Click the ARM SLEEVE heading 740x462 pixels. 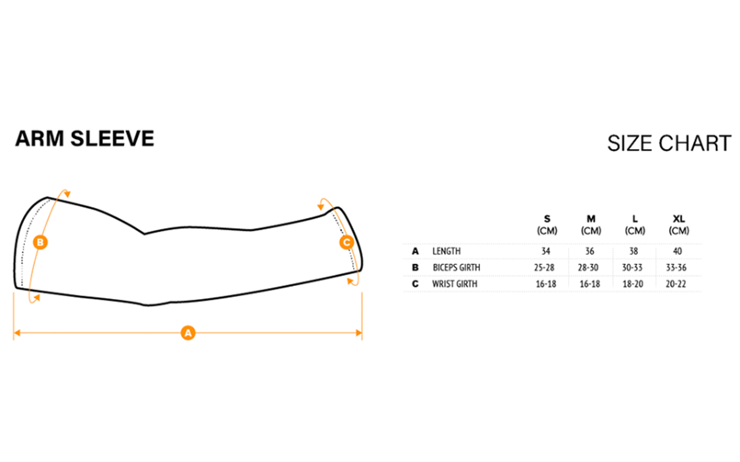85,139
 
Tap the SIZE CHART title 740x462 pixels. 669,143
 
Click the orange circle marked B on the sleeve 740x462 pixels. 40,243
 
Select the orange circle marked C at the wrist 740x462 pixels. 347,243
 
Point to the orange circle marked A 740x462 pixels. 188,333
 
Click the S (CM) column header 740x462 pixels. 547,225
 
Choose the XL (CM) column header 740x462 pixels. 679,225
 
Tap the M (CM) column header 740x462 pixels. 591,225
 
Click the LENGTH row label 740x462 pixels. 446,251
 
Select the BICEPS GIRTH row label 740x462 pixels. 456,267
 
